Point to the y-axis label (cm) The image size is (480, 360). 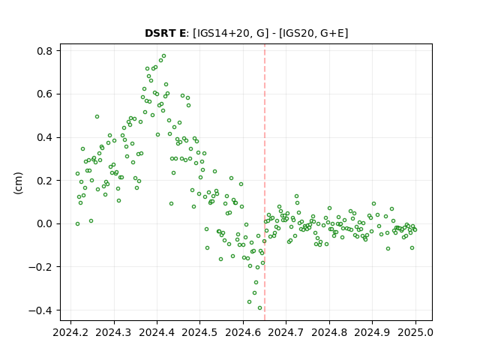[18, 183]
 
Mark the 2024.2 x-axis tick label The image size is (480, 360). [70, 332]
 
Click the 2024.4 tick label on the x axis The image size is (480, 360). [157, 332]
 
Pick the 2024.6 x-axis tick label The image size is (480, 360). [243, 332]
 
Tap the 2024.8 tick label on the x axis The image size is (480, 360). [329, 332]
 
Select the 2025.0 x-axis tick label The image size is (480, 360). [415, 332]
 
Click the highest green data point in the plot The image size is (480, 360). [163, 56]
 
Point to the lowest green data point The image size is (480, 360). [260, 308]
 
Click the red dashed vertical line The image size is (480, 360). [265, 182]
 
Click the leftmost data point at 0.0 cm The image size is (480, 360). [77, 223]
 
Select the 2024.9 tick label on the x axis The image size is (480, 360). [372, 332]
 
